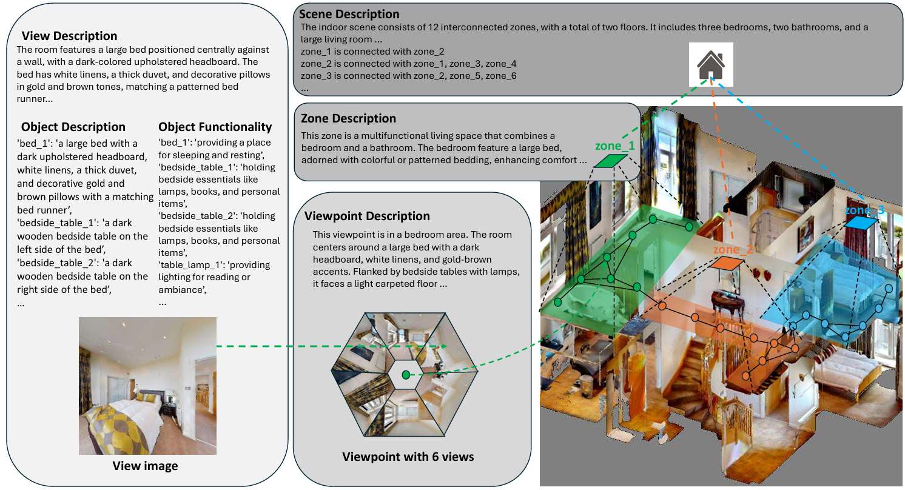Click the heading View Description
pyautogui.click(x=69, y=36)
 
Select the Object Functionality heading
pyautogui.click(x=215, y=127)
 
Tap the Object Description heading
pyautogui.click(x=73, y=127)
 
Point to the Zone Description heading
pyautogui.click(x=348, y=118)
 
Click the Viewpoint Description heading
pyautogui.click(x=367, y=216)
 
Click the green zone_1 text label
pyautogui.click(x=614, y=146)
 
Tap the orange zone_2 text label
pyautogui.click(x=733, y=249)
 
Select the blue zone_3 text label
pyautogui.click(x=864, y=210)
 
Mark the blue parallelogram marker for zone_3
pyautogui.click(x=860, y=223)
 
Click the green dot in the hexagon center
pyautogui.click(x=406, y=375)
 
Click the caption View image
pyautogui.click(x=145, y=466)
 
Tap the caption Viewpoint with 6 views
pyautogui.click(x=408, y=457)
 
